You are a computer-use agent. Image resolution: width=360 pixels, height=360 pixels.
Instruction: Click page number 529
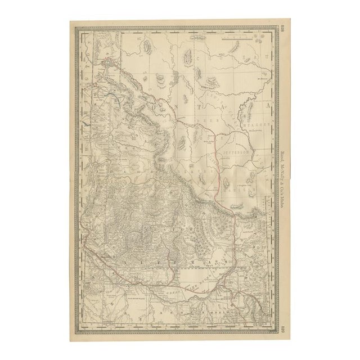pyautogui.click(x=282, y=331)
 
